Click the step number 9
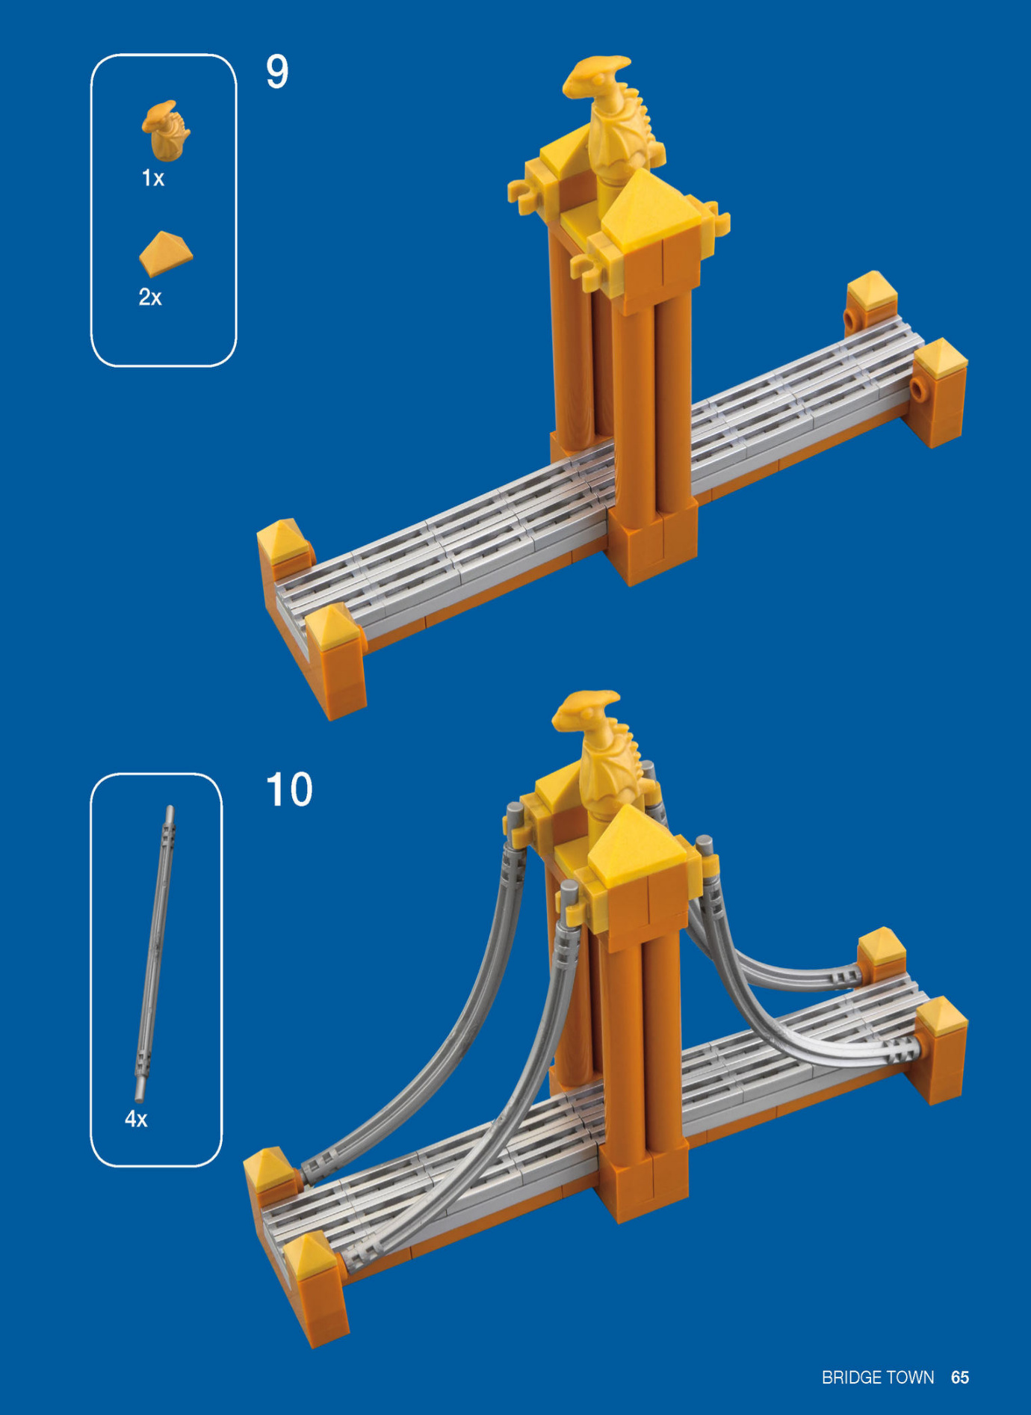[277, 72]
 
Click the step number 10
[289, 789]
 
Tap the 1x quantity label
[153, 178]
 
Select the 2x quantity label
[150, 297]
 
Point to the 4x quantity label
[136, 1119]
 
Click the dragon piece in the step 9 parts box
[166, 130]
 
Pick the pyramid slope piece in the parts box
[165, 253]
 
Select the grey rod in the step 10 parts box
[155, 952]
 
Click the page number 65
[960, 1377]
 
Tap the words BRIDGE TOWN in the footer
[878, 1377]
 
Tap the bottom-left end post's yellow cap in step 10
[312, 1256]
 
